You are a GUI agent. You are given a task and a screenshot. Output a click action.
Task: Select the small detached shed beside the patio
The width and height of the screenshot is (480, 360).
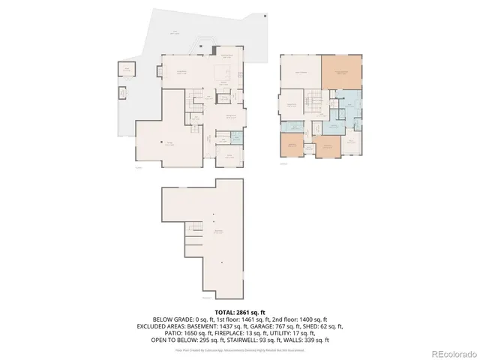(127, 71)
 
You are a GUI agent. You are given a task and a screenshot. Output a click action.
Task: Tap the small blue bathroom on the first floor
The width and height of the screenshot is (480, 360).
(237, 139)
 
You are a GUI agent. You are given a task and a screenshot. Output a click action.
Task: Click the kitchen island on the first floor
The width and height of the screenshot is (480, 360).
(223, 73)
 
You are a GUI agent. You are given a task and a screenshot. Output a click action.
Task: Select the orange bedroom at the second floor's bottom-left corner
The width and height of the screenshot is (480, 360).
(291, 145)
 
